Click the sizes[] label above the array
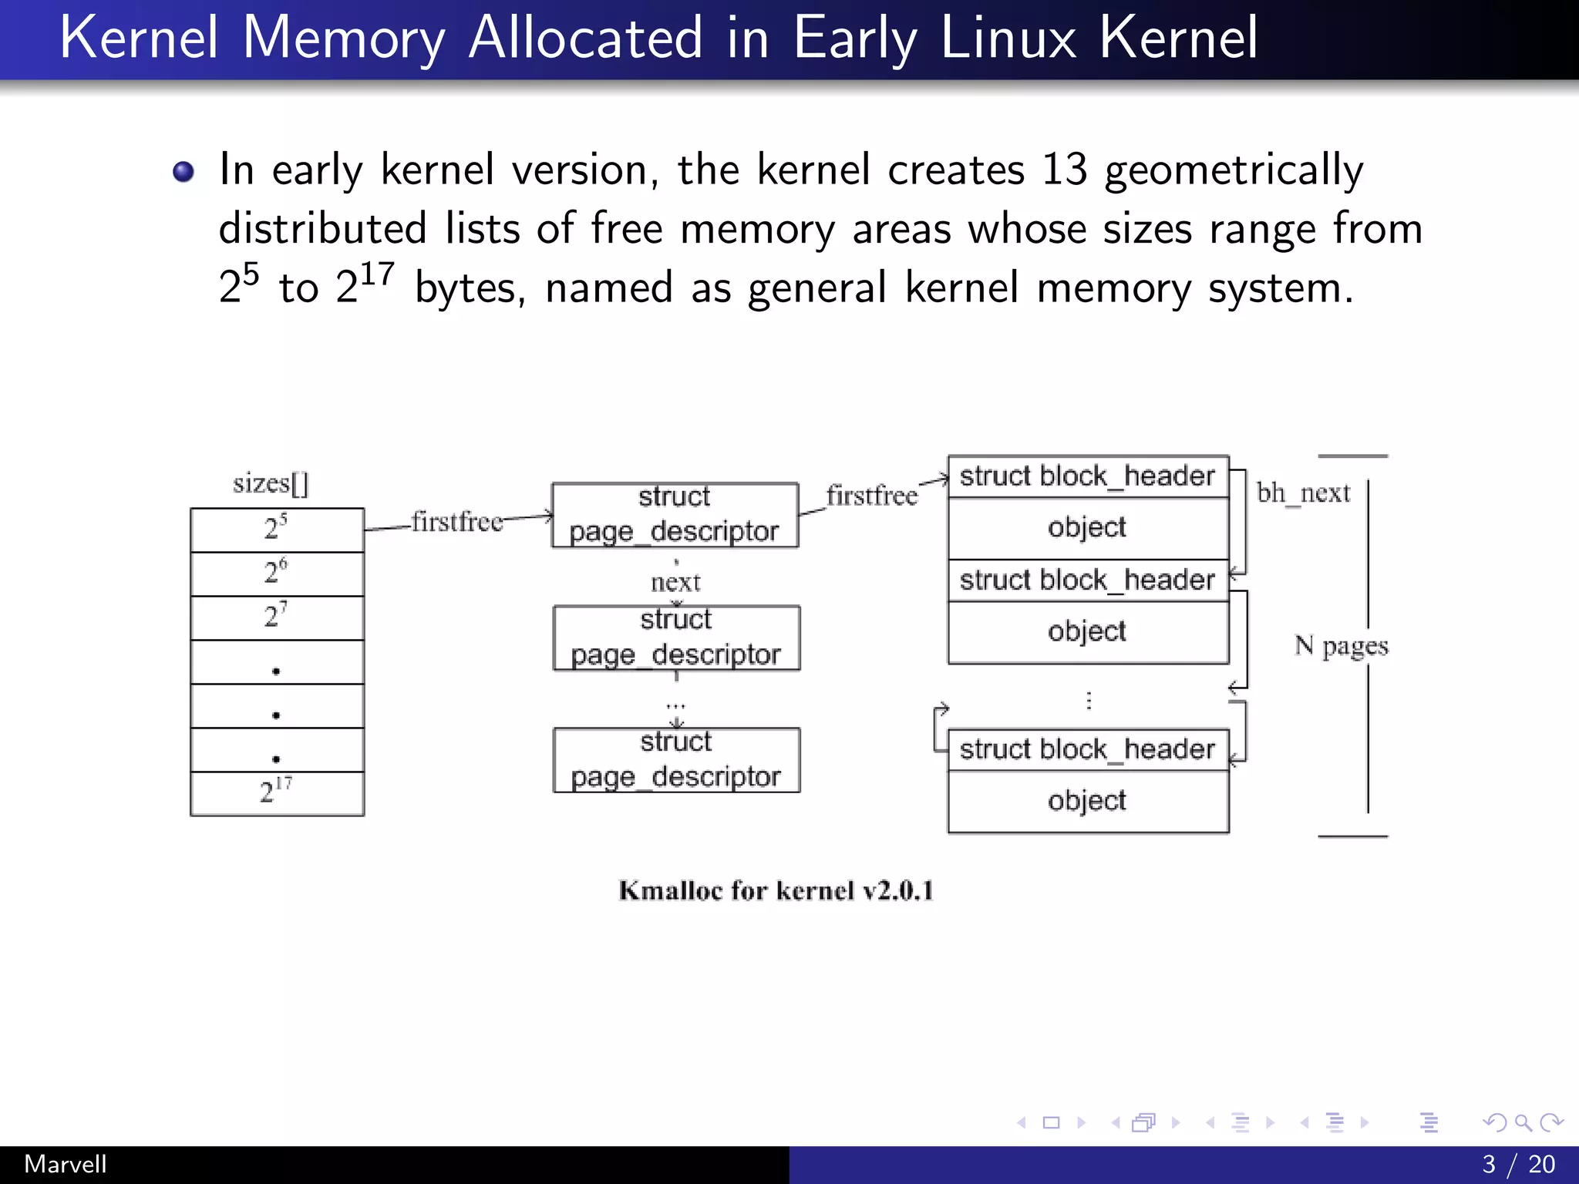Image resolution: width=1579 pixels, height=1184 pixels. click(271, 484)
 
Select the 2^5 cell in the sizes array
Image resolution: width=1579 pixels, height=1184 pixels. click(277, 530)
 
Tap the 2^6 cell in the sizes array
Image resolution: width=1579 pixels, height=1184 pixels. click(277, 573)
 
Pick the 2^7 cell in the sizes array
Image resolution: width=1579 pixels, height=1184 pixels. click(277, 617)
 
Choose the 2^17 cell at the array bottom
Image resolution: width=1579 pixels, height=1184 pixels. click(277, 793)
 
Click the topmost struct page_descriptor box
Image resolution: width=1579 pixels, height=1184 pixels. click(675, 515)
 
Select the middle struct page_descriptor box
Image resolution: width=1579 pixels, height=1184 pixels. click(676, 637)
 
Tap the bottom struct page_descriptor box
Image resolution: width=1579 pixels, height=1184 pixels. click(676, 760)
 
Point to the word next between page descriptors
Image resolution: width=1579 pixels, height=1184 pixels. click(675, 582)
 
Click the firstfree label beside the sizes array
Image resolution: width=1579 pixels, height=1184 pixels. click(456, 522)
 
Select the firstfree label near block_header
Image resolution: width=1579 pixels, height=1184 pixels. click(872, 496)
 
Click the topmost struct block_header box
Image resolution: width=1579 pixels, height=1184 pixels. click(1087, 476)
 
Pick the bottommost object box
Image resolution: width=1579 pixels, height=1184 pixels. click(1087, 802)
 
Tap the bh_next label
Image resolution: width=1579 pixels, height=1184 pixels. click(1303, 493)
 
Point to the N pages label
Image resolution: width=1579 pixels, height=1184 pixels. click(1341, 646)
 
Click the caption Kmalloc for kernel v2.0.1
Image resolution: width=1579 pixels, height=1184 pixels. click(776, 891)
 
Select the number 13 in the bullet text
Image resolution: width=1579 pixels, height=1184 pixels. click(1064, 170)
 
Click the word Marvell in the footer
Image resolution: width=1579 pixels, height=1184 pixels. click(66, 1164)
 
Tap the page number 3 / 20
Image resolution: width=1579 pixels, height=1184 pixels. click(1518, 1164)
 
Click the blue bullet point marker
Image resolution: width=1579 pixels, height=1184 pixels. click(183, 171)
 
